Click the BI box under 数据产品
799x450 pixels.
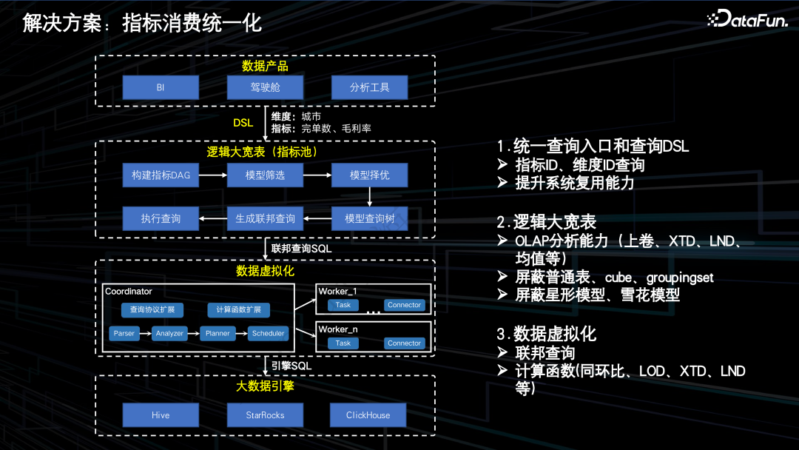[161, 88]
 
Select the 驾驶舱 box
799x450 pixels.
[265, 88]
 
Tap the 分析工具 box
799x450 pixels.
[369, 88]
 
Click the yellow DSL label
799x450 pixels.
[243, 123]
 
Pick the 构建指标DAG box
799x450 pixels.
[161, 175]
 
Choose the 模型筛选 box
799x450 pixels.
[265, 175]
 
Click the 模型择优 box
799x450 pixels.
[369, 175]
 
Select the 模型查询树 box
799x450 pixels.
[369, 219]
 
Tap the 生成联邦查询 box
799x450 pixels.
[265, 219]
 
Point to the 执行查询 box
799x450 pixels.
[161, 219]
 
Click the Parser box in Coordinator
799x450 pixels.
[124, 334]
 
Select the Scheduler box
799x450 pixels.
[268, 334]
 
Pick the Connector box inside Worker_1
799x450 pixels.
[404, 305]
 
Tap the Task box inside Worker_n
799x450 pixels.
[343, 343]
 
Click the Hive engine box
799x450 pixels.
[161, 415]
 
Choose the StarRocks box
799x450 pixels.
[265, 415]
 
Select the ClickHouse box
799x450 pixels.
[368, 415]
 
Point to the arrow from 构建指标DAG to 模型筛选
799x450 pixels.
[213, 175]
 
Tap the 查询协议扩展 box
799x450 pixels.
[152, 310]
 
